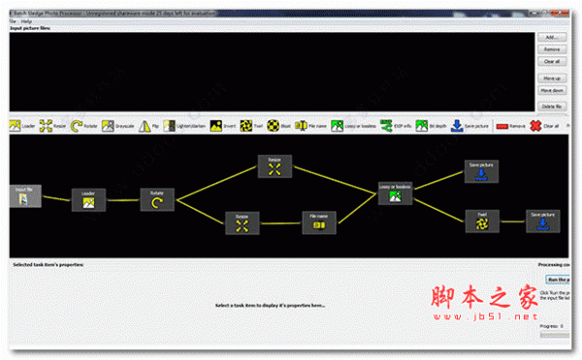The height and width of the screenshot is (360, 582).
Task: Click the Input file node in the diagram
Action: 23,196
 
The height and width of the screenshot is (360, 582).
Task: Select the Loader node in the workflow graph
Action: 87,199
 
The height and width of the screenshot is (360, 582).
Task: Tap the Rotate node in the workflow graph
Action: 157,198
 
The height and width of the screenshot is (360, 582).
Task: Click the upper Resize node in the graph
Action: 275,167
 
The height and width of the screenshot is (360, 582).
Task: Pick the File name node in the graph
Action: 319,222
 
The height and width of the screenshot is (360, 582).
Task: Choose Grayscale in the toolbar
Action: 117,126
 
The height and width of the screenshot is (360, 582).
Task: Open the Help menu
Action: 26,20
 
